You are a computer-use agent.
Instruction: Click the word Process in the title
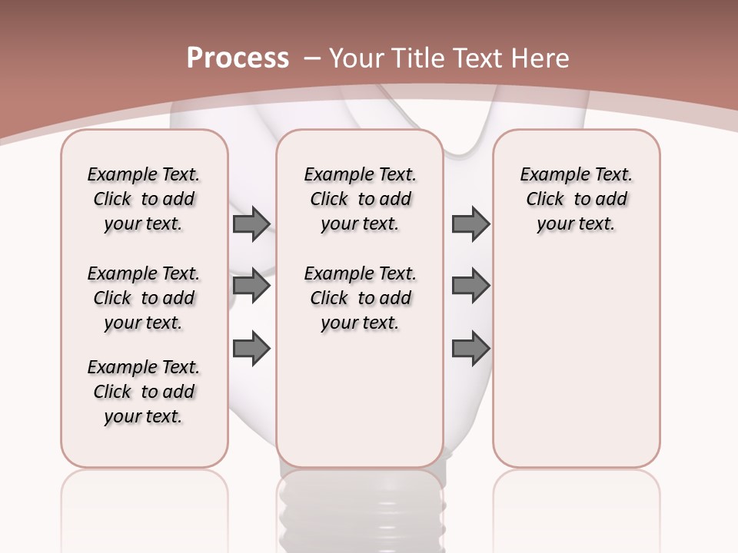[x=238, y=58]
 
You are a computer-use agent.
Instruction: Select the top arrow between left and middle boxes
[x=251, y=224]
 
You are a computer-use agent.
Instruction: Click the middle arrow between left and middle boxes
[x=251, y=286]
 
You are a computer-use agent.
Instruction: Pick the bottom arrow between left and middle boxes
[x=251, y=348]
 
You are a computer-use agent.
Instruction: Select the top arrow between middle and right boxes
[x=470, y=224]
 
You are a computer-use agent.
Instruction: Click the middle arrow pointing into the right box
[x=470, y=286]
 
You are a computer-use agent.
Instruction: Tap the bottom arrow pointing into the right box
[x=470, y=348]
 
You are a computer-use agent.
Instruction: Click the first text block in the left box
[x=144, y=199]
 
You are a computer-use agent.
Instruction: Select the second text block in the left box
[x=144, y=298]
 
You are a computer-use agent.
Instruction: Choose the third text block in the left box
[x=144, y=392]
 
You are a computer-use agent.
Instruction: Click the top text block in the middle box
[x=360, y=199]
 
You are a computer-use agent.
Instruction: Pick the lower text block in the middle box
[x=360, y=298]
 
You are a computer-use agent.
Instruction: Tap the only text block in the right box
[x=576, y=199]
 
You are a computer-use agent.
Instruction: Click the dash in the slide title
[x=311, y=58]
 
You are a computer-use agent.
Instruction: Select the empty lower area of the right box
[x=576, y=361]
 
